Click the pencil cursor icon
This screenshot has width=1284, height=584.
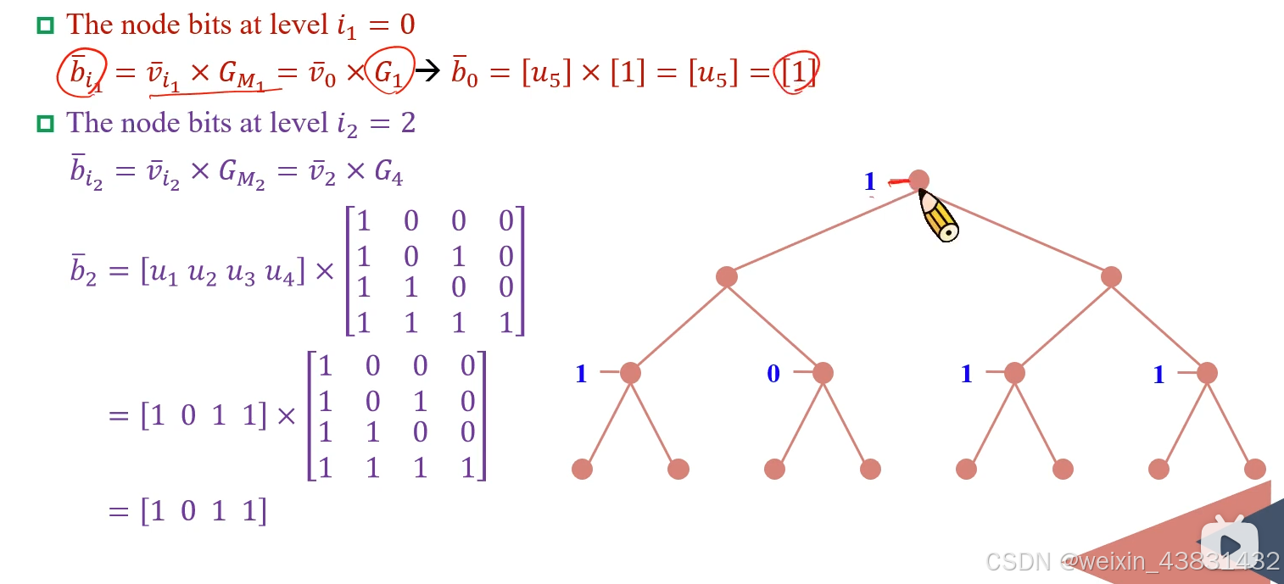coord(939,215)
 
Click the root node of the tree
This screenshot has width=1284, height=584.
coord(918,180)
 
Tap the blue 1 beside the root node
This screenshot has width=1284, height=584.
coord(869,181)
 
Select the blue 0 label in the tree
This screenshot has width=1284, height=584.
coord(773,374)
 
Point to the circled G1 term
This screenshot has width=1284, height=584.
coord(389,73)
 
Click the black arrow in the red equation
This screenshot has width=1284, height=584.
coord(428,72)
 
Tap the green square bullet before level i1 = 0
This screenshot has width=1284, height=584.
coord(45,26)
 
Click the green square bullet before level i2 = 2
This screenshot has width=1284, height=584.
coord(45,124)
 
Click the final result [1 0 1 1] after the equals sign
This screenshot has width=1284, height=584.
coord(204,511)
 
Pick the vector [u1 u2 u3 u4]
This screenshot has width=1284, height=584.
coord(221,273)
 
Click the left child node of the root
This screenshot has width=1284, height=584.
coord(727,276)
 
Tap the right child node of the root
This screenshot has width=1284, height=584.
coord(1111,276)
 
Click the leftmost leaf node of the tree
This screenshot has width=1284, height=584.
coord(582,469)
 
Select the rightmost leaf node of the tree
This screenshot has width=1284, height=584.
coord(1255,469)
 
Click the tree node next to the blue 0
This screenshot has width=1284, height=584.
coord(823,373)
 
